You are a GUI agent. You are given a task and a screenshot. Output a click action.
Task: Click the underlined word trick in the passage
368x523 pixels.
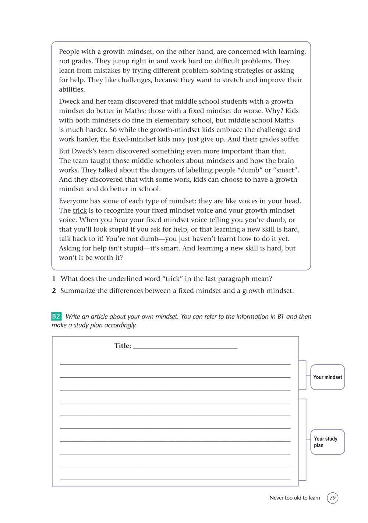pyautogui.click(x=79, y=210)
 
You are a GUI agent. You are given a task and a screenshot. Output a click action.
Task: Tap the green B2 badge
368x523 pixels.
pyautogui.click(x=56, y=316)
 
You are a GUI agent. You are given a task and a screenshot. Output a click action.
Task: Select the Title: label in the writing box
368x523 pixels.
pyautogui.click(x=123, y=346)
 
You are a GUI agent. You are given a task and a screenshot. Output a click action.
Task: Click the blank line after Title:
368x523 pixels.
pyautogui.click(x=185, y=346)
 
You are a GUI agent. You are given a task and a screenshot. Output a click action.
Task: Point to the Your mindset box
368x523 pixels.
pyautogui.click(x=328, y=377)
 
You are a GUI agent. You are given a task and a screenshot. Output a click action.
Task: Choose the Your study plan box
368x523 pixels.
pyautogui.click(x=328, y=442)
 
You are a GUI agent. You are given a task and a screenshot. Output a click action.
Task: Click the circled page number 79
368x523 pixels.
pyautogui.click(x=333, y=498)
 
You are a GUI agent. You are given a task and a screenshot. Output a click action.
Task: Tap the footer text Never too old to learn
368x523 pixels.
pyautogui.click(x=295, y=498)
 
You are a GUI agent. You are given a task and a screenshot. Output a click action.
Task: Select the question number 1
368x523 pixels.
pyautogui.click(x=54, y=279)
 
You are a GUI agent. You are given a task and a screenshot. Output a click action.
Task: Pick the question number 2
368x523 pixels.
pyautogui.click(x=54, y=291)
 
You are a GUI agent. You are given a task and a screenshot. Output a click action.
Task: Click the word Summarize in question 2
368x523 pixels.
pyautogui.click(x=78, y=291)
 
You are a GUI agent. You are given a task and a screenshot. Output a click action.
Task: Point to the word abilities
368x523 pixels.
pyautogui.click(x=72, y=89)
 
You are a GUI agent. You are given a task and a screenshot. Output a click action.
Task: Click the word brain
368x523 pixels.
pyautogui.click(x=286, y=161)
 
